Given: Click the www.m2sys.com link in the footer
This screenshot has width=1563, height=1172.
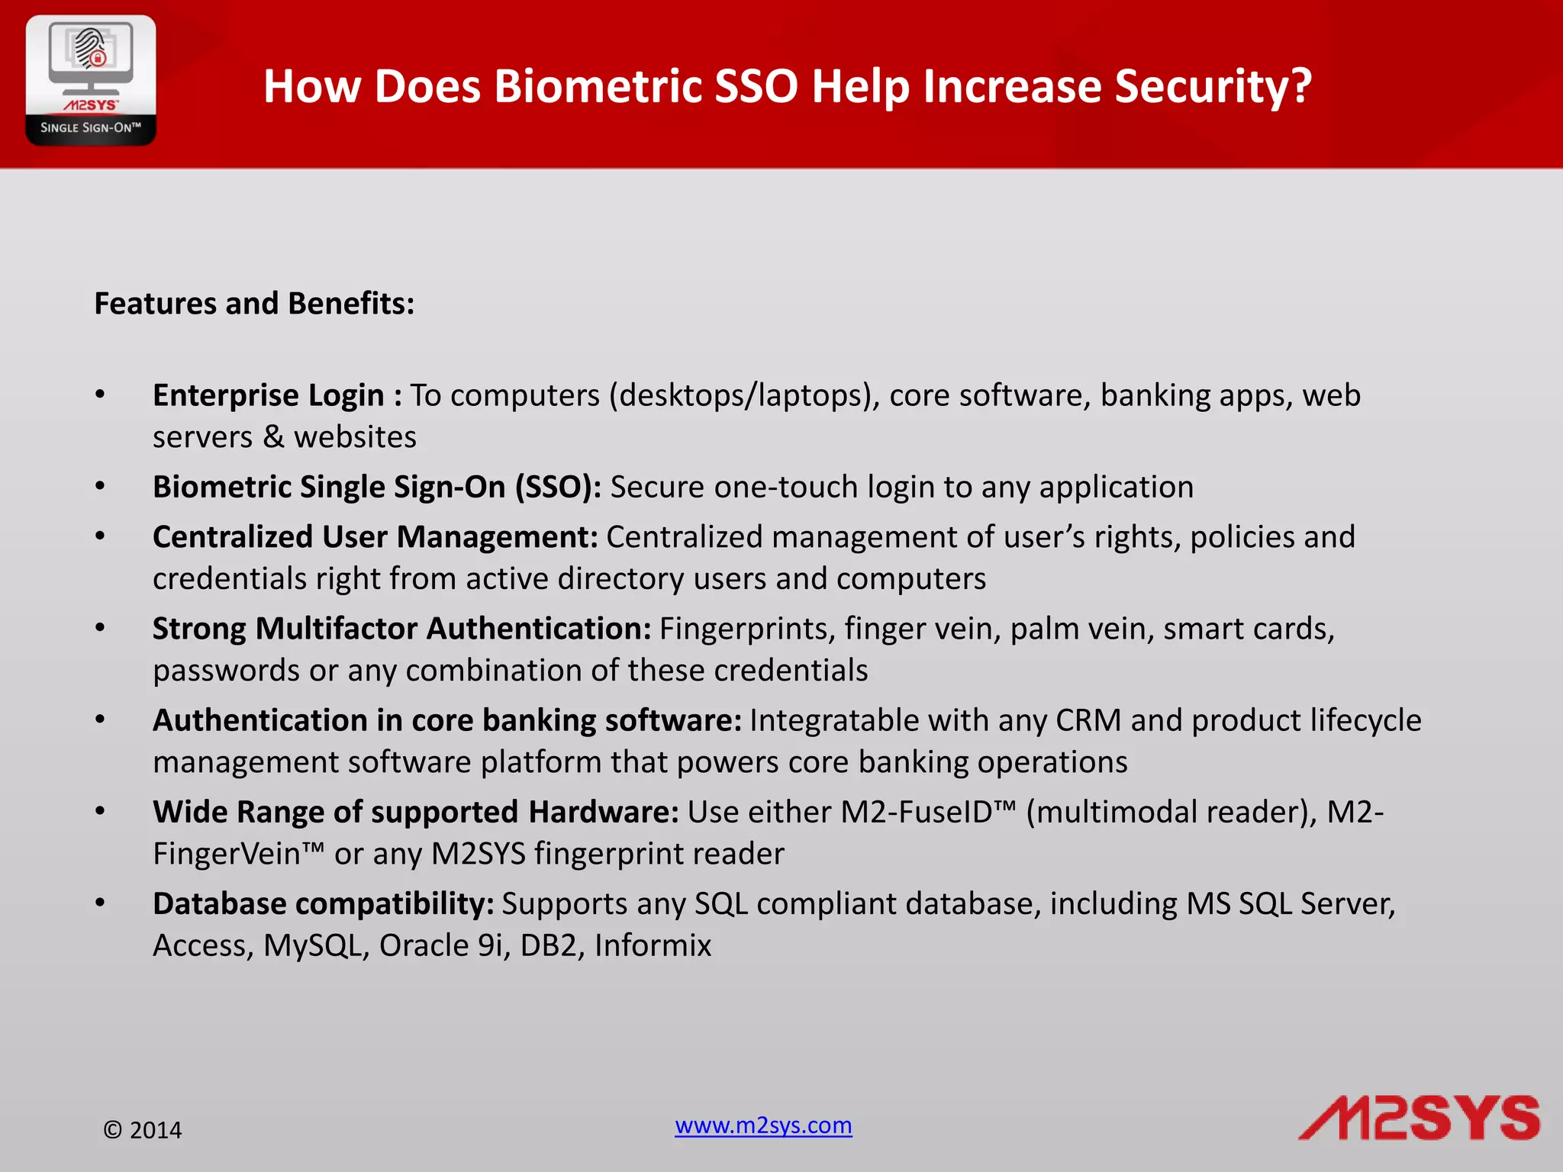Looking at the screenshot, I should click(x=763, y=1125).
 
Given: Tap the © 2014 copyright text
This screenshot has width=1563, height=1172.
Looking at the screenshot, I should click(x=143, y=1130).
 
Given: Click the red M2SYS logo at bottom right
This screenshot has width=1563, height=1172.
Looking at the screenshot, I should click(x=1419, y=1119).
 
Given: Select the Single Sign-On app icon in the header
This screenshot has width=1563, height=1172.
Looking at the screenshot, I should click(x=91, y=80).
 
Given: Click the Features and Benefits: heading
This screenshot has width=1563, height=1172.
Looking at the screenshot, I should click(x=254, y=304).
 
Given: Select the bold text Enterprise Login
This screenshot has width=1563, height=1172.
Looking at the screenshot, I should click(x=268, y=395).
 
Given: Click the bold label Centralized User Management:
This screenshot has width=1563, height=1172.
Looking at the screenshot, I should click(x=375, y=537).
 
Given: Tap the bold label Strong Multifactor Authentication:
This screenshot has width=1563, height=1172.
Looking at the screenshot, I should click(x=401, y=629).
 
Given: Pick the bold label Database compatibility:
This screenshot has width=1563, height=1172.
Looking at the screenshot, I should click(x=323, y=903).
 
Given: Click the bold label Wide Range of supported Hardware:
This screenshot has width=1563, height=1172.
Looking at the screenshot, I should click(x=415, y=812).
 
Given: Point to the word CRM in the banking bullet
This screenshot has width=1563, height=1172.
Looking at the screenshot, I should click(x=1088, y=720).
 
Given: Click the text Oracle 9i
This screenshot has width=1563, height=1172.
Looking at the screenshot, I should click(x=443, y=945).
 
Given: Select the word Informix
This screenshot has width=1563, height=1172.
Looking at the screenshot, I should click(x=653, y=945).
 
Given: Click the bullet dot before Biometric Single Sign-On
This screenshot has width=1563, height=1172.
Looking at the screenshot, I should click(x=100, y=486).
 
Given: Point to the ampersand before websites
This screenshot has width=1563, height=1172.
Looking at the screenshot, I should click(x=273, y=437).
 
